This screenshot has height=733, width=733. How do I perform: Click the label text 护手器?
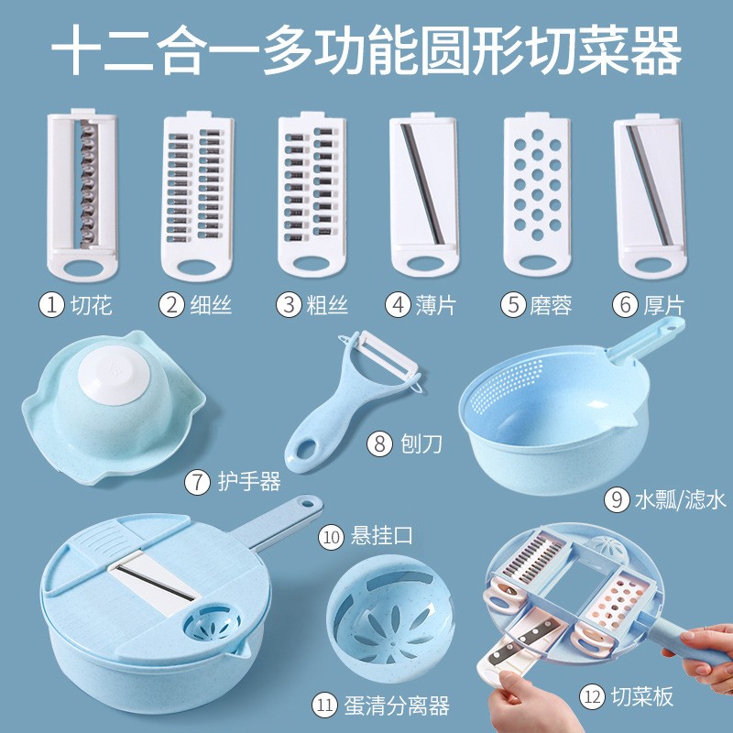point(249,480)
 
